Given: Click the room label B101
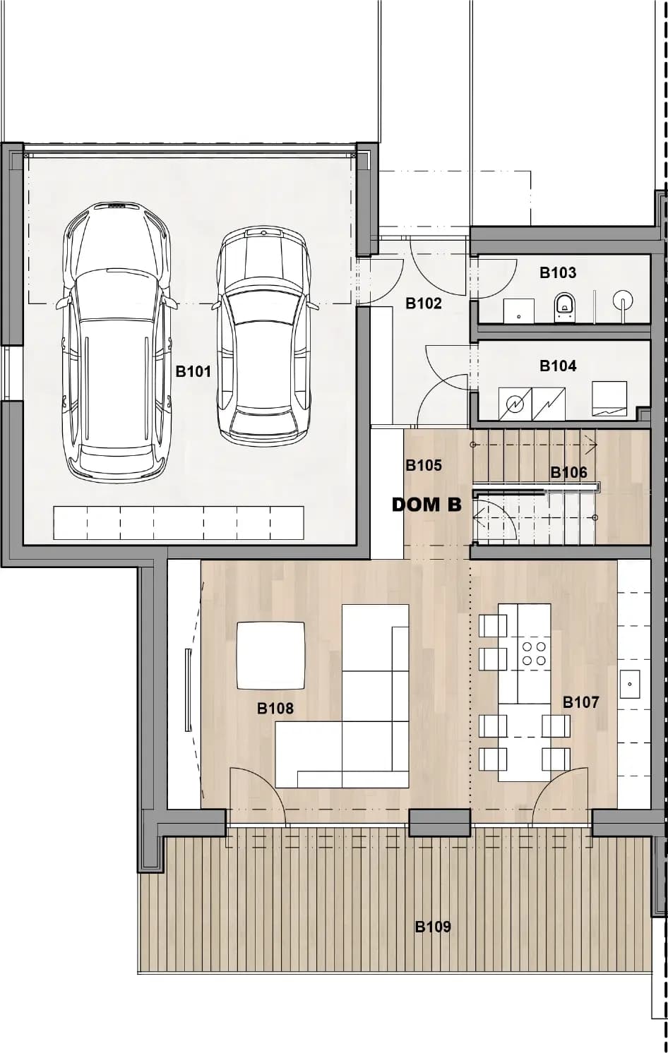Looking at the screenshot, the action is click(193, 372).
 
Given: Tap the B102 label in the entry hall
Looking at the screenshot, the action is click(424, 303).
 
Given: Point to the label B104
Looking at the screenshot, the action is click(558, 366).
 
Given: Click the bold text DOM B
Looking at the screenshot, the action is click(427, 505).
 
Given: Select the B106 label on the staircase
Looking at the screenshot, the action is click(569, 472).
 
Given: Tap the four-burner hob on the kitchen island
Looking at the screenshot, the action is click(535, 654).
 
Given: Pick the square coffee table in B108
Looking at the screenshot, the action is click(270, 656).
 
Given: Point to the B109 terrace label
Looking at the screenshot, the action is click(433, 927).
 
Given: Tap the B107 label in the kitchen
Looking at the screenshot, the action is click(581, 702).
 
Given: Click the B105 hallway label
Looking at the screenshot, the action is click(424, 465).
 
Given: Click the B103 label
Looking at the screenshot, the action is click(558, 272).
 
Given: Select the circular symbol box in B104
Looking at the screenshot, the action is click(515, 403).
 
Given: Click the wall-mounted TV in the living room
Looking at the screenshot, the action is click(188, 690).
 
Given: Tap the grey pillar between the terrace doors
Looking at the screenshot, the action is click(440, 823).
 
